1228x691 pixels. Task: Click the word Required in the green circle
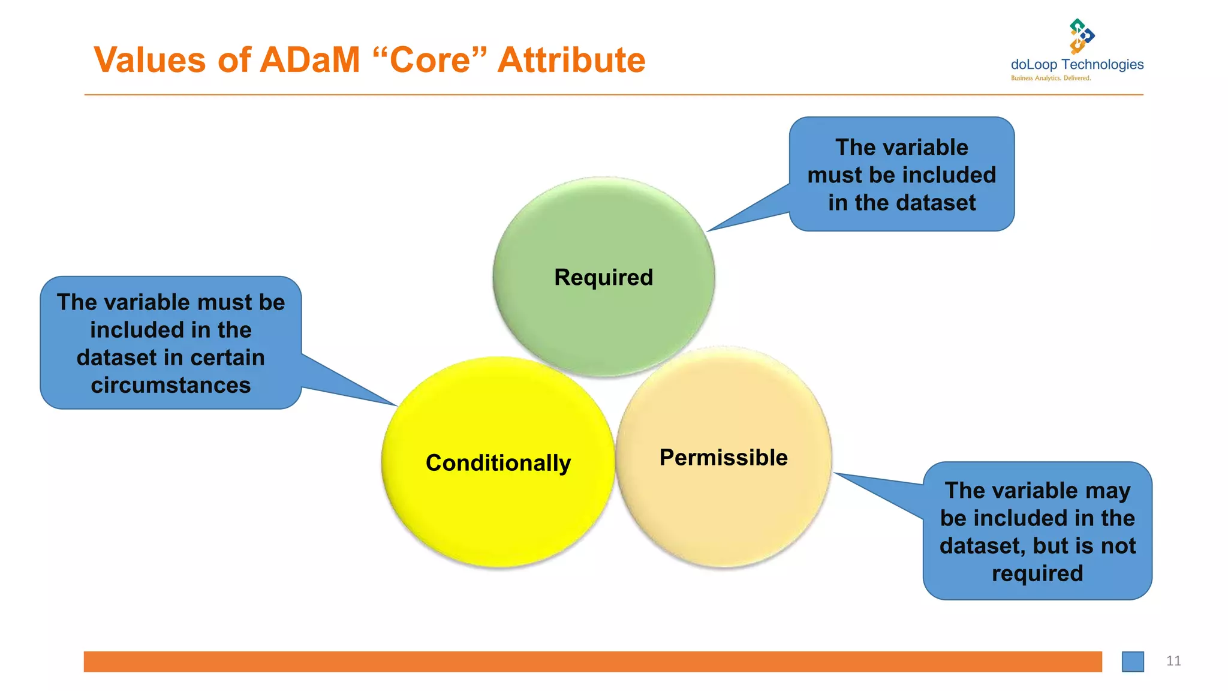[603, 278]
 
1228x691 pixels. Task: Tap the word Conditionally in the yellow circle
[498, 463]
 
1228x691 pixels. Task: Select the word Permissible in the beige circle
[723, 458]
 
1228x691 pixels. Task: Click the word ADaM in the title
[310, 60]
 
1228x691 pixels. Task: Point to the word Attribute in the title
[571, 60]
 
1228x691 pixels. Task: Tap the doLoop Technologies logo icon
[1080, 36]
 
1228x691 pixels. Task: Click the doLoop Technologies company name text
[1077, 65]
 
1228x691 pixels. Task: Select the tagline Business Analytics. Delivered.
[1051, 79]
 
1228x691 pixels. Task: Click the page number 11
[1173, 661]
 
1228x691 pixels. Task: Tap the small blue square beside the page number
[1133, 662]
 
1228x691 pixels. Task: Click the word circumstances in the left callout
[171, 386]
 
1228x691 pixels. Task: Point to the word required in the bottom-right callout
[1037, 574]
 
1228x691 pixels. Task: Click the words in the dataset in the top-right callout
[902, 203]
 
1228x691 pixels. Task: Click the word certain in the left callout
[228, 358]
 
